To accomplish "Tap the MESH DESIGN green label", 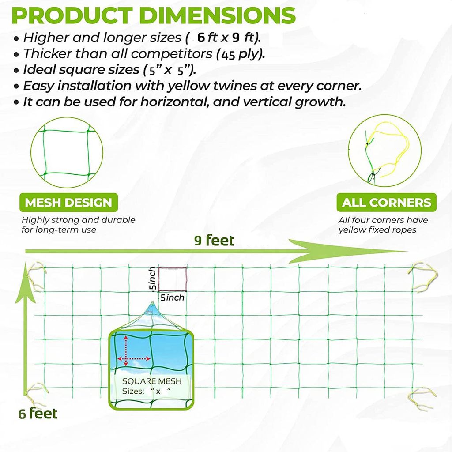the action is [68, 202].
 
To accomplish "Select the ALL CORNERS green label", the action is [386, 202].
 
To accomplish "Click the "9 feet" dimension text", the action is [214, 241].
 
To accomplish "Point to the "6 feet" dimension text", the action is [38, 413].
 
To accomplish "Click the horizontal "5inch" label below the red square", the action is [172, 298].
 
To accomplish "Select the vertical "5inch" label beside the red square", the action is [152, 279].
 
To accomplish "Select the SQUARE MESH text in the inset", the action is [152, 381].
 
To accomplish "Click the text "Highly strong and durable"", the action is [79, 220].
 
